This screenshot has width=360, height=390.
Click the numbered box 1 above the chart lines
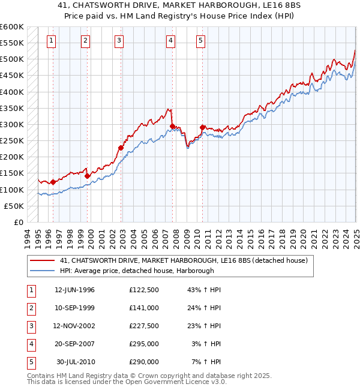pyautogui.click(x=51, y=41)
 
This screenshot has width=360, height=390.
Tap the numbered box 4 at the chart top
pyautogui.click(x=171, y=41)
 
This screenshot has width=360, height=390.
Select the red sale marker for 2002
pyautogui.click(x=121, y=148)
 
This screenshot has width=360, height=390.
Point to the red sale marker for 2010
pyautogui.click(x=202, y=127)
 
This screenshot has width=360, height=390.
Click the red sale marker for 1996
pyautogui.click(x=53, y=182)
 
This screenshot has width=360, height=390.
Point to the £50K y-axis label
pyautogui.click(x=14, y=206)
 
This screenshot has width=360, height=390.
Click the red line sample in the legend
pyautogui.click(x=42, y=260)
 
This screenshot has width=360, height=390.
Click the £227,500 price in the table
pyautogui.click(x=144, y=326)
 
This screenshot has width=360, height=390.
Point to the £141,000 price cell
pyautogui.click(x=144, y=308)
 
